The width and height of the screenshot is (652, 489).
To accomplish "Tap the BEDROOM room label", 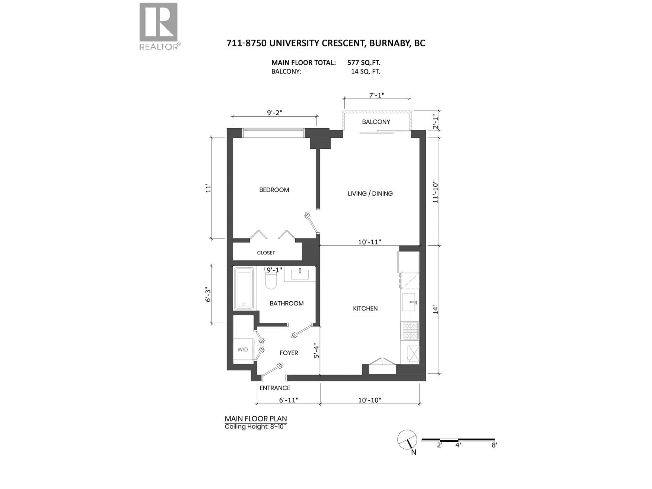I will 274,190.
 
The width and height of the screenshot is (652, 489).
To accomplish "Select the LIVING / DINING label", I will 370,194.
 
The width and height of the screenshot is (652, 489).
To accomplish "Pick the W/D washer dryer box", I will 243,350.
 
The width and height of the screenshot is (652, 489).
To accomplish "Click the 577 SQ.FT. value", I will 364,62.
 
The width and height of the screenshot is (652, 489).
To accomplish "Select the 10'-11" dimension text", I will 370,242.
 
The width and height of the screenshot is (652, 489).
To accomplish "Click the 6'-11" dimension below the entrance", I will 289,400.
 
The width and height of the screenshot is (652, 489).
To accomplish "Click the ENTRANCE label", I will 275,388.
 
